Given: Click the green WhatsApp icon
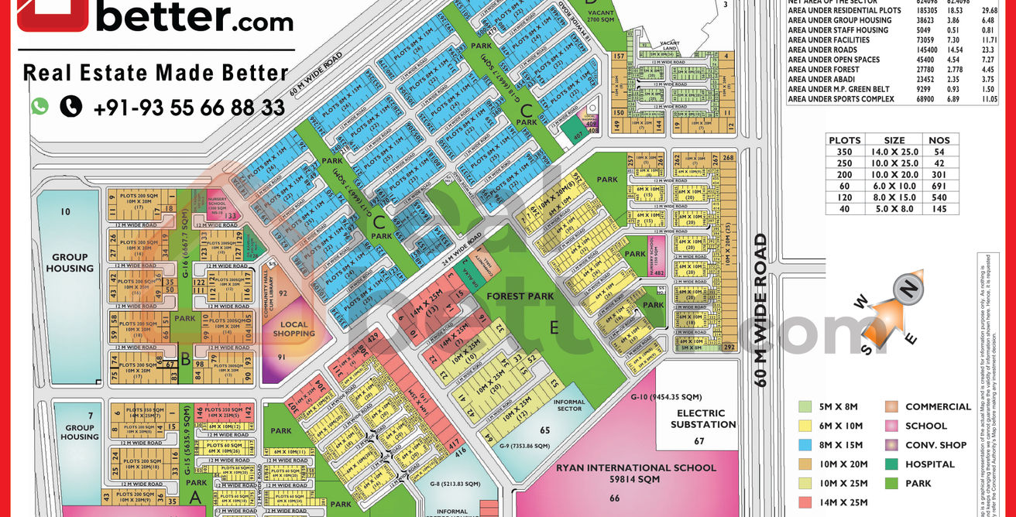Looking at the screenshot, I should pos(39,107).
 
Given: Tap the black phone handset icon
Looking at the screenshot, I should pos(70,107).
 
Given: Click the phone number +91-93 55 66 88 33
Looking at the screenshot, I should pos(189,108).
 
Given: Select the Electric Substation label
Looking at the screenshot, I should pos(701,419).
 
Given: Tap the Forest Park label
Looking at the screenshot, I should pos(520,296).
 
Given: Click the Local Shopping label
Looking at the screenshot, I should pos(293,330).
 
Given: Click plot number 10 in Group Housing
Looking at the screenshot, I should pos(65,211).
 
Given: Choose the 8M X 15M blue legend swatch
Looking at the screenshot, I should pos(805,445).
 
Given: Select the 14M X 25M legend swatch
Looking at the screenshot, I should pos(805,503).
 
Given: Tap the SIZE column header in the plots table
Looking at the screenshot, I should pos(894,140).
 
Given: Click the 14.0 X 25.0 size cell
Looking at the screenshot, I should pos(894,152).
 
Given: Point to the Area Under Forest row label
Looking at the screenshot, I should pos(823,70).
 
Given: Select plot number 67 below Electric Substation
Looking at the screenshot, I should pos(699,441).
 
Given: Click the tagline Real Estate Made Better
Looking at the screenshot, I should pos(156,73).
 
